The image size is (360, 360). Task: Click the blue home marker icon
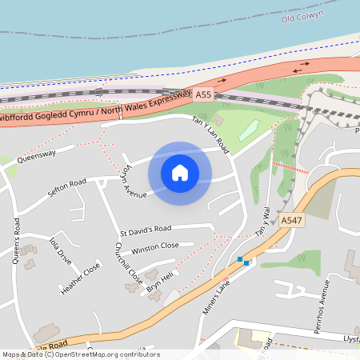click(180, 172)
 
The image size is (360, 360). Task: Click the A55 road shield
click(204, 94)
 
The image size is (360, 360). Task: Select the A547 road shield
click(290, 219)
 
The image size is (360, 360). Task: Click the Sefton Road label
click(66, 189)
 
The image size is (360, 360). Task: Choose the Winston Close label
click(155, 246)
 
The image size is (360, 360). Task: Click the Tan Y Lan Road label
click(210, 134)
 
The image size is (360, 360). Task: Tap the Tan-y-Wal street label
click(263, 220)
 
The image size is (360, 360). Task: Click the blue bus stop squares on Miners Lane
click(243, 261)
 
